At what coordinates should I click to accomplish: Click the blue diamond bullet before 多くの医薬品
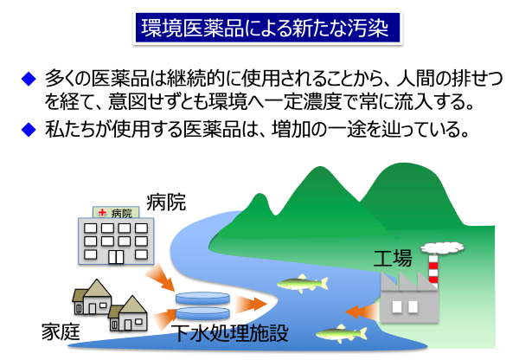pos(29,80)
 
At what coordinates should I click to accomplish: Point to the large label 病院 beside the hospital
pos(167,205)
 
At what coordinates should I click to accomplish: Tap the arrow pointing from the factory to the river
pos(359,309)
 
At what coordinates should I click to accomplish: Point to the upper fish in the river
pos(302,283)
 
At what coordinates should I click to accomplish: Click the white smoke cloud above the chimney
pos(441,245)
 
